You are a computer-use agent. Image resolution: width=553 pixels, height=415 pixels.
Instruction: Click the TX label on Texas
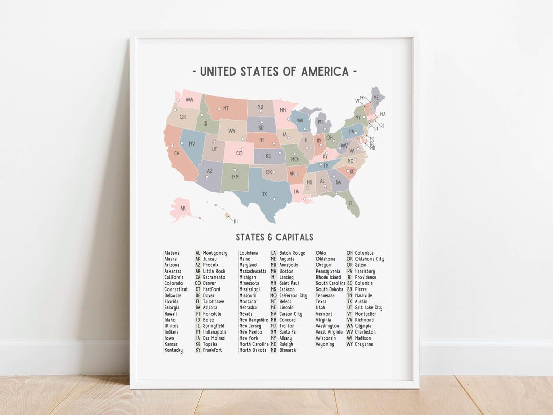pos(265,194)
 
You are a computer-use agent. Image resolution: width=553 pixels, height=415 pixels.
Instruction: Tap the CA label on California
pos(177,153)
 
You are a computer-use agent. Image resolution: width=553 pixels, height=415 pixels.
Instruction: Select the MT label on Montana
pos(225,108)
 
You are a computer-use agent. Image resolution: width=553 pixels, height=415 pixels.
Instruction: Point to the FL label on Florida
pos(351,203)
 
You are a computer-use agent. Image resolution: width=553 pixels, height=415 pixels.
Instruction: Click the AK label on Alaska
pos(182,209)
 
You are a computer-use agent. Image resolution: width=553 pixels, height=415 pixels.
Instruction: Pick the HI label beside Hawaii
pos(236,221)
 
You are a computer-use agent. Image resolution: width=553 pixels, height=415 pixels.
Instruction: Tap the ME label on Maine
pos(376,97)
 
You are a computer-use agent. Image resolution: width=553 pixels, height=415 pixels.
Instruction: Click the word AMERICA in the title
pos(317,71)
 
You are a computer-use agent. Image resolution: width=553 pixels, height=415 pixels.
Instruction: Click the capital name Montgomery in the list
pos(215,253)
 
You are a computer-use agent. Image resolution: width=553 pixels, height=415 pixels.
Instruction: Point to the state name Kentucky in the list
pos(174,350)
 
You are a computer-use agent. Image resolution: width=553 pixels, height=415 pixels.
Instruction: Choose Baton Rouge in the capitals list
pos(292,253)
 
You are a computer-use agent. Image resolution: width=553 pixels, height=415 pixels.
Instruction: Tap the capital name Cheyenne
pos(364,344)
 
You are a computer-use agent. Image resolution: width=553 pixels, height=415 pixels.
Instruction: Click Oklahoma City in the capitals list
pos(369,259)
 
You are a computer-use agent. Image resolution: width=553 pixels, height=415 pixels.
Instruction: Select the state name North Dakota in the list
pos(253,350)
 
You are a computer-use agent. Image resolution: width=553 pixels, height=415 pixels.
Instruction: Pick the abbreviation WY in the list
pos(350,344)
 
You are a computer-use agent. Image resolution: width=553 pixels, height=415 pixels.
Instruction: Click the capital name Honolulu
pos(212,314)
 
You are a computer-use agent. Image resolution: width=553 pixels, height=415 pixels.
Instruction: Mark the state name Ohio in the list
pos(321,253)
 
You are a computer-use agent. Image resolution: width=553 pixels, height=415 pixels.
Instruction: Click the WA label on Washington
pos(189,99)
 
